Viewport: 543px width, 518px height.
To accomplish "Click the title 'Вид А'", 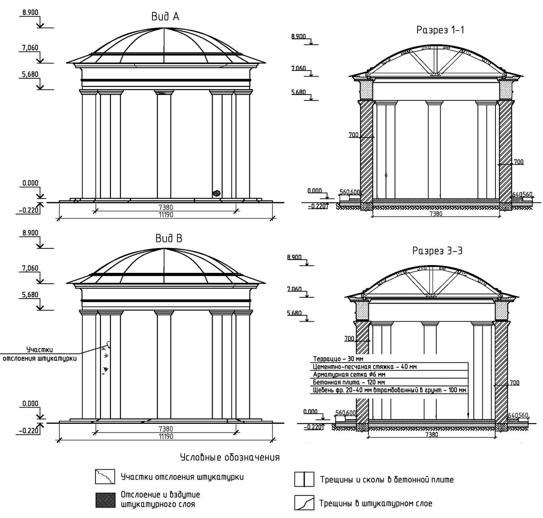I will (165, 17).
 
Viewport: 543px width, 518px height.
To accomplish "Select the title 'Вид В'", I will (168, 238).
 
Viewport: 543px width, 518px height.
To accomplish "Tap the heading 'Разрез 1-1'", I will (440, 30).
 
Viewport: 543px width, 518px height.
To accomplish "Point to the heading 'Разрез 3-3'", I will (437, 251).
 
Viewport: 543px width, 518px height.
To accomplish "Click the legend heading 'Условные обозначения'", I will (229, 457).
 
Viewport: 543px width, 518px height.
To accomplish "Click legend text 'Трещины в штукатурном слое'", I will (376, 503).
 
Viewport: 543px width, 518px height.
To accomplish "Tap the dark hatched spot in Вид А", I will (217, 193).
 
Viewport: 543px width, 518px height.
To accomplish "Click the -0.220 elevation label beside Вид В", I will (28, 431).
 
